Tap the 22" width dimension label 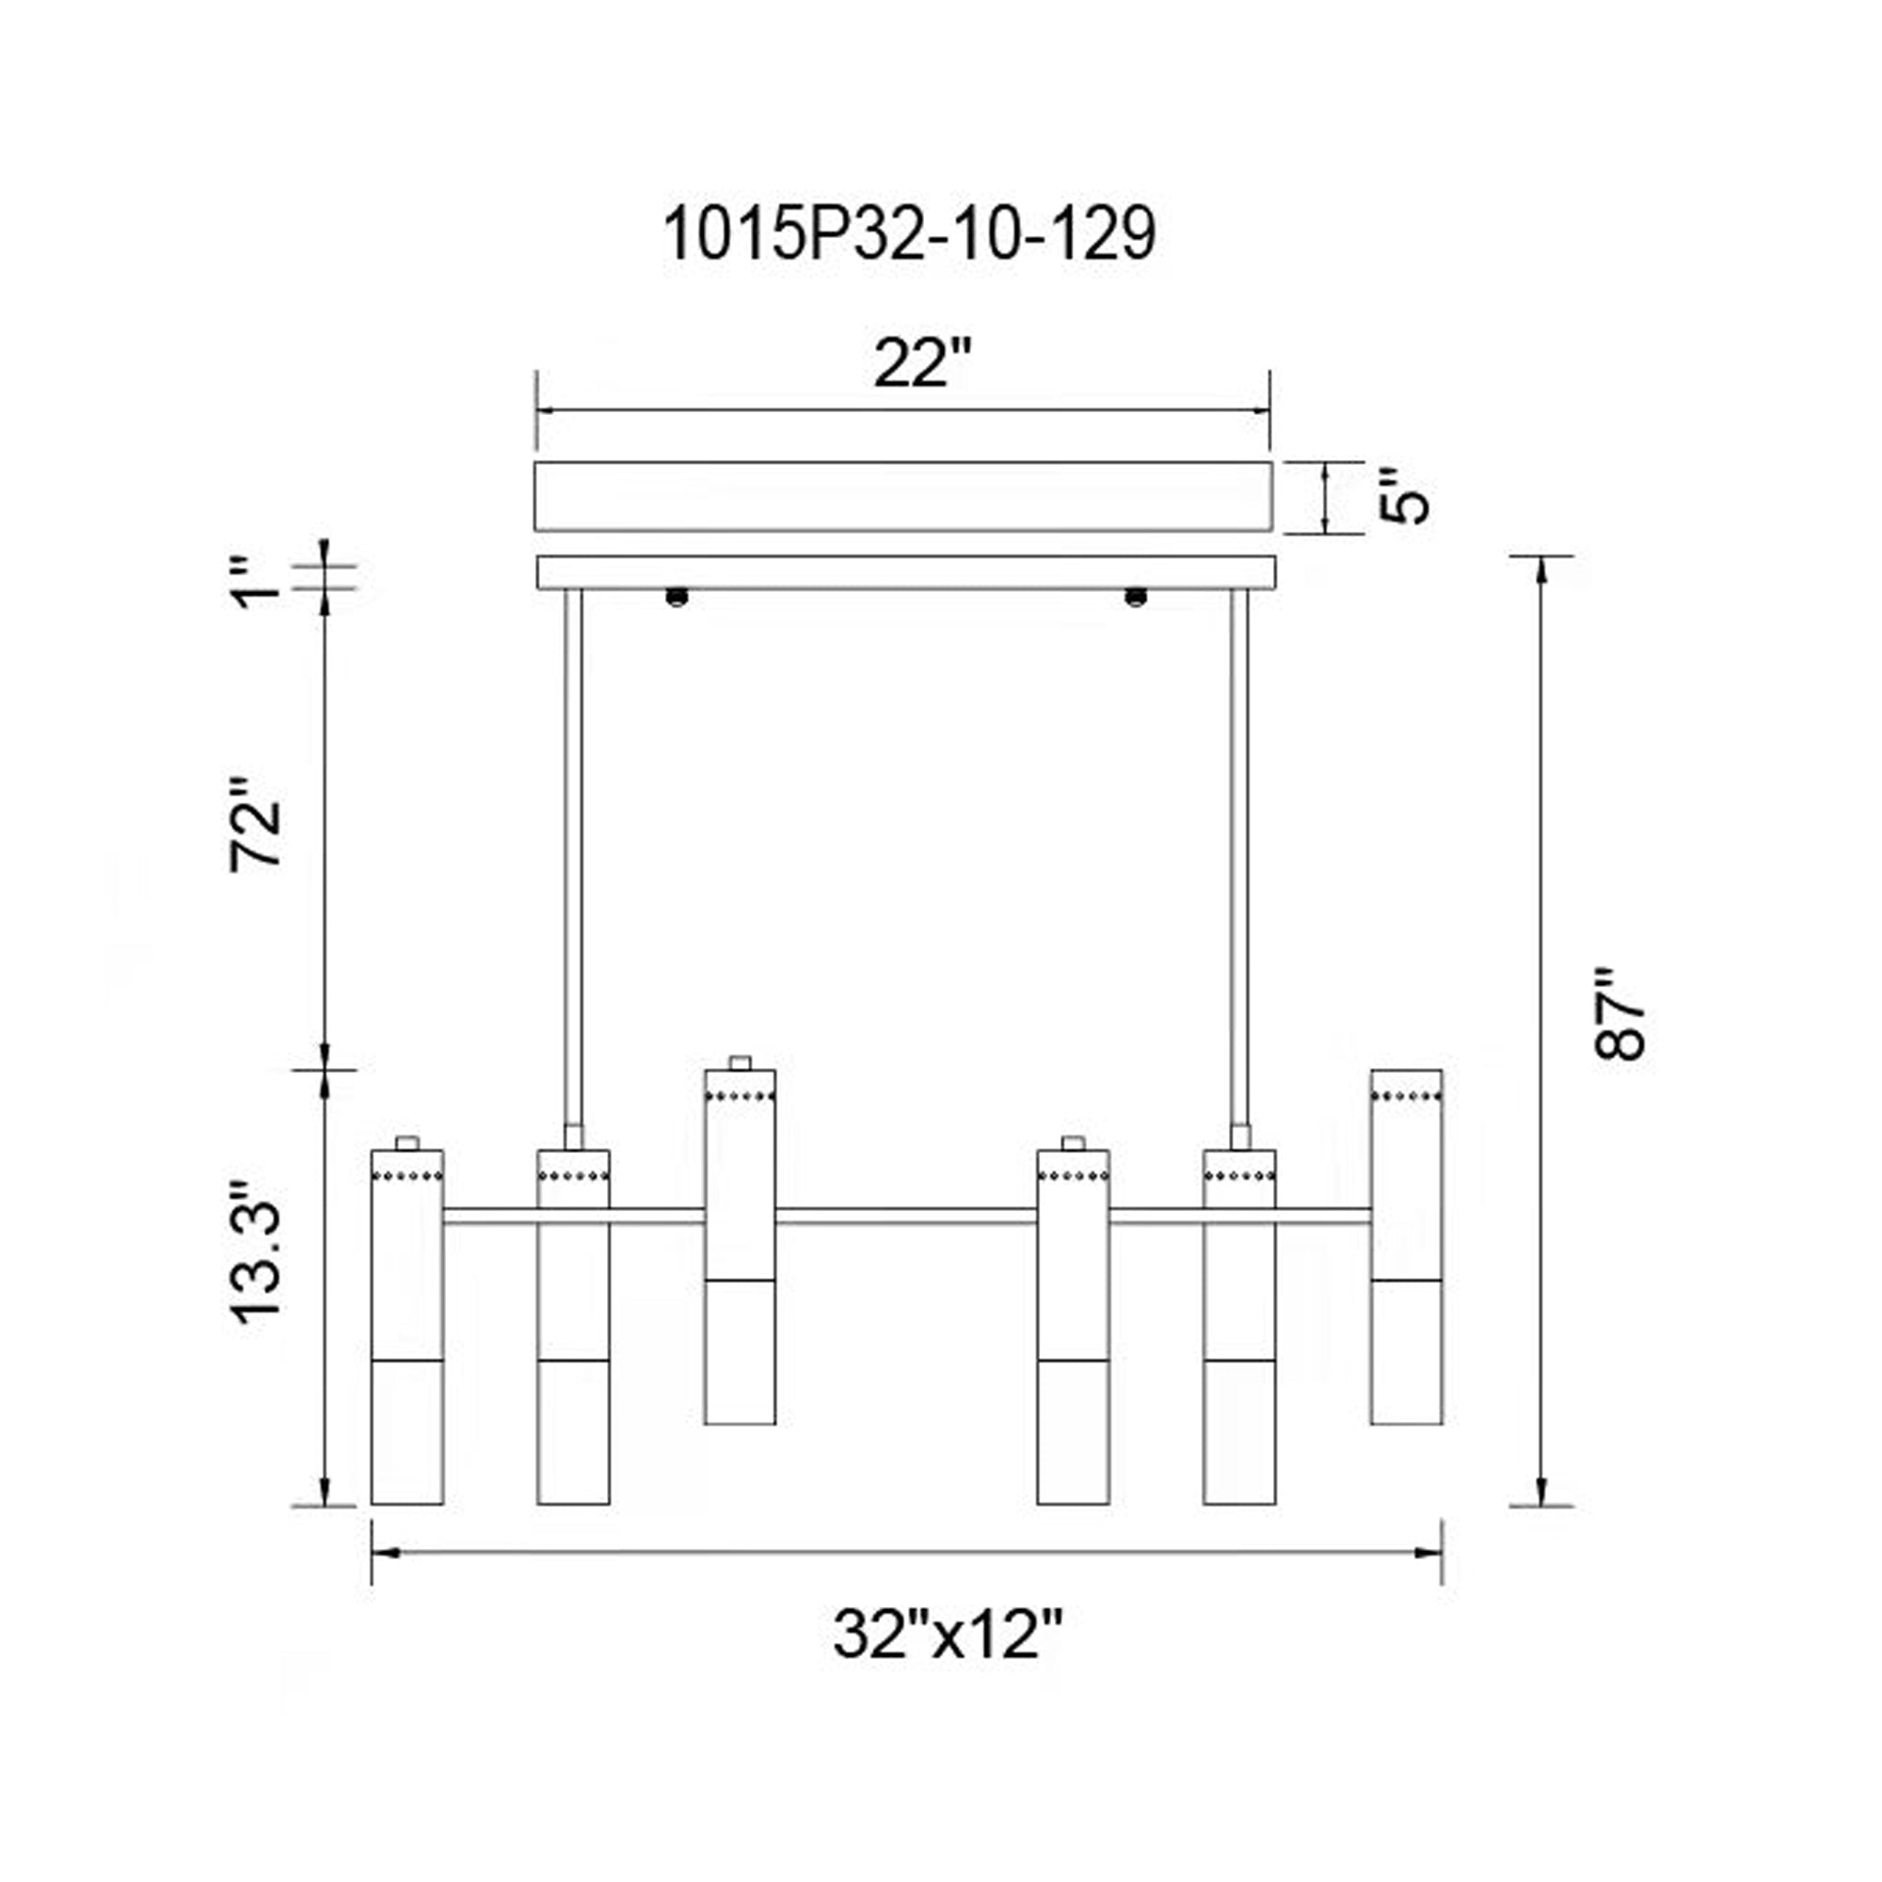click(x=921, y=363)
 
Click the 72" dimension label click(x=255, y=824)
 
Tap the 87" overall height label click(x=1619, y=1013)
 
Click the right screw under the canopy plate click(x=1135, y=597)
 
